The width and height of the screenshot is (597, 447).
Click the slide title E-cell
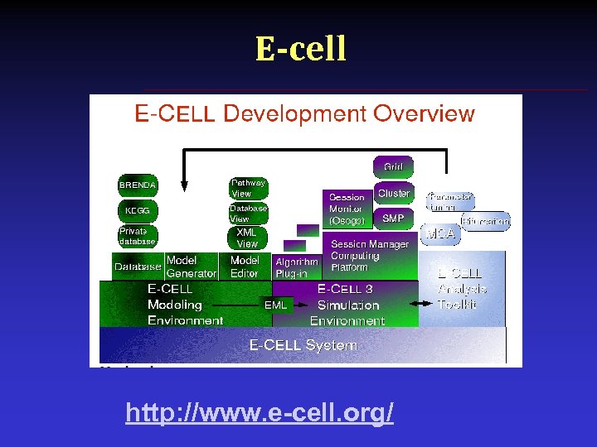300,49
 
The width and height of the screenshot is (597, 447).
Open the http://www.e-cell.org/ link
260,412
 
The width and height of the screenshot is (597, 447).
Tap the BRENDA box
138,185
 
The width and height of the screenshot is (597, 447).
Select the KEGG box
138,210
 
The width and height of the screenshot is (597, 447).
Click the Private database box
138,236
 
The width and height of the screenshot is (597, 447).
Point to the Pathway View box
248,188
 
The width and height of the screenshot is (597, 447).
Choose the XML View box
248,238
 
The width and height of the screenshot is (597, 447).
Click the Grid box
393,167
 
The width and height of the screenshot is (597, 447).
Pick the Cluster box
394,194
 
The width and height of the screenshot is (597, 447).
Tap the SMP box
394,219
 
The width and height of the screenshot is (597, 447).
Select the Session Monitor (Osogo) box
347,209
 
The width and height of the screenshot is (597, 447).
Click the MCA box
440,234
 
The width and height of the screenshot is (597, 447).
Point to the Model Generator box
191,267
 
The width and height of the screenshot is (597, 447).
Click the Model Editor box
245,267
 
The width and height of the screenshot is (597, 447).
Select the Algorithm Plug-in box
297,267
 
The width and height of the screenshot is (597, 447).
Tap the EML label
276,305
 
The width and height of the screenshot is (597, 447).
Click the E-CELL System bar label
303,345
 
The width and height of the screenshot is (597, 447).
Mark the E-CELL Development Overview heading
305,113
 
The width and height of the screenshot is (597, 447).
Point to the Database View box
248,214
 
